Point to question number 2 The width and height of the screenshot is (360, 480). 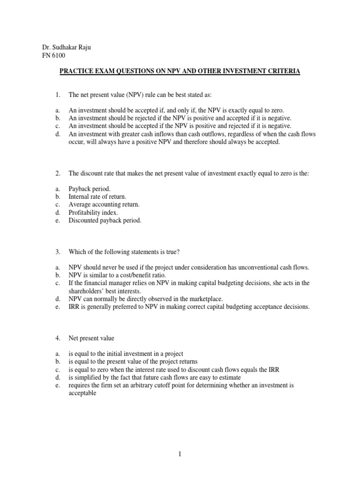[x=58, y=173]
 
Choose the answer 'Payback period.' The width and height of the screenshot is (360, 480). [x=90, y=189]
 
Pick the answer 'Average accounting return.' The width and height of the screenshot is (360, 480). [x=104, y=205]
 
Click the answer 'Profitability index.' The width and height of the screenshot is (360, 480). [x=93, y=213]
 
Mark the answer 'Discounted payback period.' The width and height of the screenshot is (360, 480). [x=105, y=220]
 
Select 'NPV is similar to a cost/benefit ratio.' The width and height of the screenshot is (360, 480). [x=117, y=275]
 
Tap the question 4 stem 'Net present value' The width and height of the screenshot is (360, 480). [x=91, y=338]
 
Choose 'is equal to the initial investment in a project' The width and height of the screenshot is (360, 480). [x=126, y=353]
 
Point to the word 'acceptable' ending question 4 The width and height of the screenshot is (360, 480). [x=82, y=393]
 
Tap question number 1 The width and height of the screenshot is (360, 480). [x=58, y=95]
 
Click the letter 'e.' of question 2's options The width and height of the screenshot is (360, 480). [x=57, y=220]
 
